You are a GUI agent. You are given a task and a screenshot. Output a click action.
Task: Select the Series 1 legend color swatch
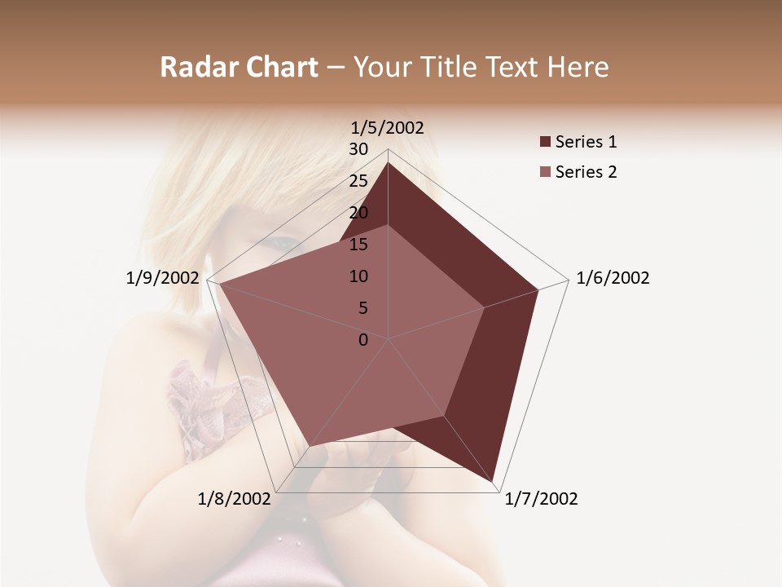pos(545,142)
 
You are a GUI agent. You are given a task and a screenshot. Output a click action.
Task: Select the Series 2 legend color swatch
pos(545,172)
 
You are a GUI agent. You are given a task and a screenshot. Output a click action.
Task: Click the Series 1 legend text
pos(586,142)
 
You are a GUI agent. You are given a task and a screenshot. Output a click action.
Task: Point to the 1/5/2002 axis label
pos(388,127)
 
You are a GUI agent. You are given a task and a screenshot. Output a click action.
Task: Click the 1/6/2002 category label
pos(613,278)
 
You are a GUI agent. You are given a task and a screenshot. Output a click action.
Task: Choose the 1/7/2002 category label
pos(541,498)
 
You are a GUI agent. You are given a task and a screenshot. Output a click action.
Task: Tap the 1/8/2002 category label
pos(235,498)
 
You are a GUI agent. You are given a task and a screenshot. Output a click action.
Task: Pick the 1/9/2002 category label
pos(162,278)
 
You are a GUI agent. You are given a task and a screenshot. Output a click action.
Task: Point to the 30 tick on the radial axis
pos(358,149)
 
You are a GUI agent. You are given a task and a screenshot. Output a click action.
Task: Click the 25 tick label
pos(358,181)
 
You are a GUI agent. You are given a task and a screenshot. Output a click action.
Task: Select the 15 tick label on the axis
pos(358,245)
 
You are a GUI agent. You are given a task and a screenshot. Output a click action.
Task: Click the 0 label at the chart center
pos(363,340)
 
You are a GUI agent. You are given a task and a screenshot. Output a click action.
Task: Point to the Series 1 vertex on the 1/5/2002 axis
pos(388,162)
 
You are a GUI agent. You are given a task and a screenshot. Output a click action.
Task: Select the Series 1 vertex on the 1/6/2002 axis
pos(538,289)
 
